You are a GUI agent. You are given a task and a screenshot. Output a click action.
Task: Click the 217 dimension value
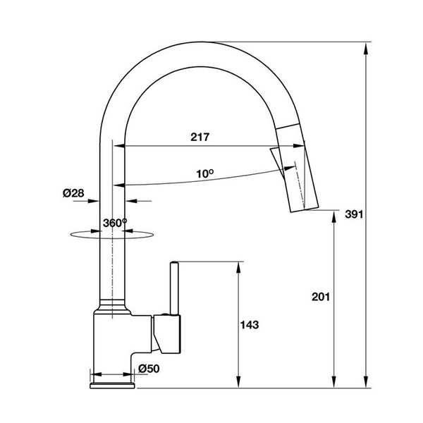(x=200, y=137)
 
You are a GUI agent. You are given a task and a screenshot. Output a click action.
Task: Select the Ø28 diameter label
(x=73, y=193)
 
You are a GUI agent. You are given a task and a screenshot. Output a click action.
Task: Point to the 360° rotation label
(x=114, y=221)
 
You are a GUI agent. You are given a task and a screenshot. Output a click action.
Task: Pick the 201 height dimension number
(x=321, y=297)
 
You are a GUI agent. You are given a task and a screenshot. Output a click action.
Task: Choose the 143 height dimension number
(x=250, y=325)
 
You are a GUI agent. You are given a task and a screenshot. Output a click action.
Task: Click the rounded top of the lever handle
(x=174, y=265)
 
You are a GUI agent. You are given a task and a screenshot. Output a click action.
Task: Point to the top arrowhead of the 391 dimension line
(x=367, y=48)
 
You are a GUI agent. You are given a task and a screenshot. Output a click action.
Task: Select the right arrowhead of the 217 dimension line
(x=302, y=147)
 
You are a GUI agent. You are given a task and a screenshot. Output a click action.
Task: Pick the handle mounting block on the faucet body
(x=168, y=334)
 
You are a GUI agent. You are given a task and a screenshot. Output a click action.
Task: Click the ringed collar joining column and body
(x=112, y=306)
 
